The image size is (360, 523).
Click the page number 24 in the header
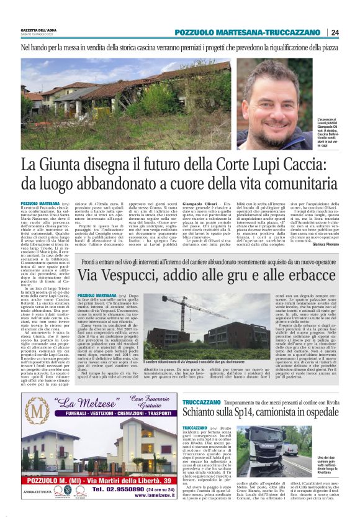pos(335,32)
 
